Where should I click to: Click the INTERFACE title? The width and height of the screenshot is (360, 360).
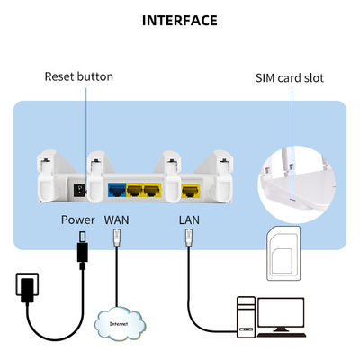(180, 20)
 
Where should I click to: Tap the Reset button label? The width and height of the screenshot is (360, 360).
(79, 76)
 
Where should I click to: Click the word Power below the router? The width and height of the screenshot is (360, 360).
(78, 219)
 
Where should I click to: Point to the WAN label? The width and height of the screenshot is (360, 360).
(117, 219)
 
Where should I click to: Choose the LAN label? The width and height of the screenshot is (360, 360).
(189, 219)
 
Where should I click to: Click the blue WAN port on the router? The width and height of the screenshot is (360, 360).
(116, 190)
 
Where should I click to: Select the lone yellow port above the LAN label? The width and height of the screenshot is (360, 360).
(190, 190)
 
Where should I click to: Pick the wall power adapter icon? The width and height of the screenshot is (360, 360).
(27, 292)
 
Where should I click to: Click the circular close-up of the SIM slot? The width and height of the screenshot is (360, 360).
(293, 171)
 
